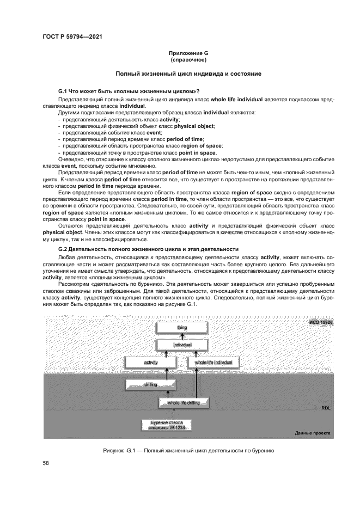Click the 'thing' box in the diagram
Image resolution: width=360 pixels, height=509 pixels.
pos(181,328)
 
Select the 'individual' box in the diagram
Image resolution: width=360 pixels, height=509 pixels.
pos(181,345)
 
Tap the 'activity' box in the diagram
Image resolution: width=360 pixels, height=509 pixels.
pos(150,362)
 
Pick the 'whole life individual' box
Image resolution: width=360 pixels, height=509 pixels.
pos(213,362)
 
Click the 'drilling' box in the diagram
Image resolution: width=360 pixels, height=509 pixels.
pos(150,385)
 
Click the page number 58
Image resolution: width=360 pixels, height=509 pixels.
pos(46,463)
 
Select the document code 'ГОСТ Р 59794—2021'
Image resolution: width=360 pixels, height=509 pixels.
pos(72,36)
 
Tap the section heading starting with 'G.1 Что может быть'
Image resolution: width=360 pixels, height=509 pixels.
pos(129,90)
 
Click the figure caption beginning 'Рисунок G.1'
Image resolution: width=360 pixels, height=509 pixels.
pos(187,451)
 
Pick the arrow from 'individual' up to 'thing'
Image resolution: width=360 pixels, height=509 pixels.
pos(181,337)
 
